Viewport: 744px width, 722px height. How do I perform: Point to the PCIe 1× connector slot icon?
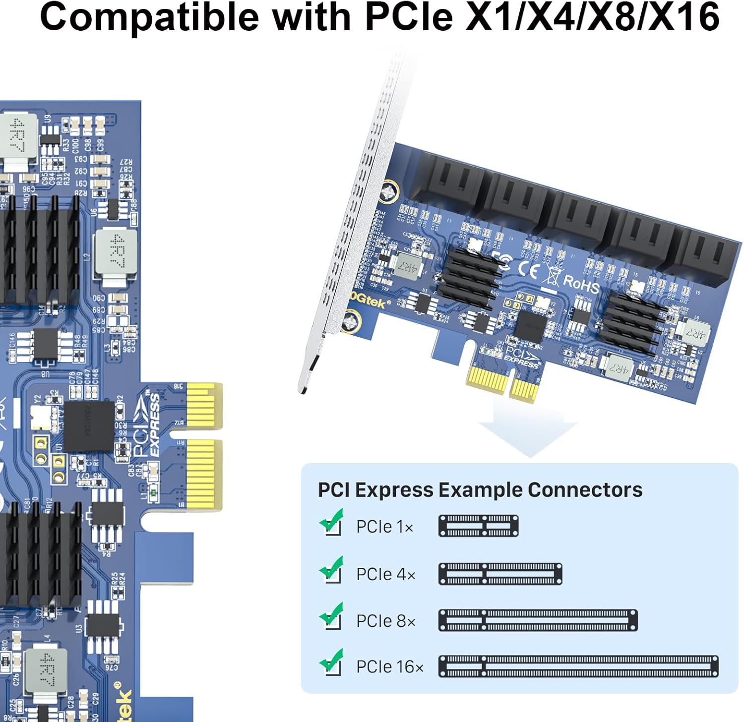(x=478, y=526)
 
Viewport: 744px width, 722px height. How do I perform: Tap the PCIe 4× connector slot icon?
(x=500, y=574)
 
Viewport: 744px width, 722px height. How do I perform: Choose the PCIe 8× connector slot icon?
(x=538, y=620)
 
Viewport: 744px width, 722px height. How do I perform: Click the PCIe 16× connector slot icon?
(x=578, y=666)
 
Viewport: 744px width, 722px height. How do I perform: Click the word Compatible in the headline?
(x=149, y=17)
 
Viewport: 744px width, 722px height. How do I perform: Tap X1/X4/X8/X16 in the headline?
(x=593, y=17)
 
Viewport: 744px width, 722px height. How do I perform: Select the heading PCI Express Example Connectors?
(x=480, y=490)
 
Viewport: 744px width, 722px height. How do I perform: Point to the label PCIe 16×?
(x=390, y=667)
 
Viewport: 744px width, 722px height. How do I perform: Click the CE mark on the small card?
(x=528, y=270)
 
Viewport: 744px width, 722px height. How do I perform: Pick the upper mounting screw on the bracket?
(x=389, y=191)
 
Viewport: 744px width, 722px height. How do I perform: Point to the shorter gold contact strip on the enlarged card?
(x=204, y=406)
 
